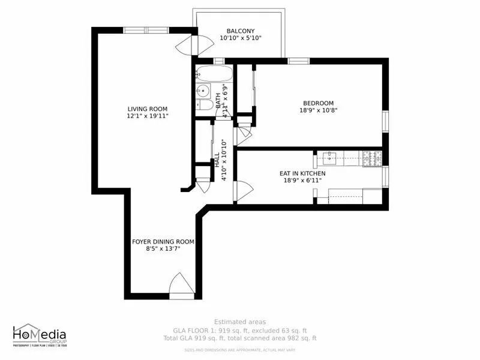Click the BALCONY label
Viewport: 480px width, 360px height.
coord(241,31)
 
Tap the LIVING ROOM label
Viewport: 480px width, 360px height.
coord(147,109)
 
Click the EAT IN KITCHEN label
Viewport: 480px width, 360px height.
coord(303,173)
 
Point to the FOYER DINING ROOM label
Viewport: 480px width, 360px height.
coord(163,242)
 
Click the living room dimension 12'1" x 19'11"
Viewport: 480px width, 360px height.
coord(147,116)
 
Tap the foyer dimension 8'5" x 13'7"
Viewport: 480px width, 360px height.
coord(163,249)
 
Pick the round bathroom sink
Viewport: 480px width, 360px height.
coord(200,91)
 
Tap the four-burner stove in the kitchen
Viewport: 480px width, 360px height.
coord(371,158)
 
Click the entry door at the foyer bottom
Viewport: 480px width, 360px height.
coord(182,286)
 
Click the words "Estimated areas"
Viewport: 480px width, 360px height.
coord(240,322)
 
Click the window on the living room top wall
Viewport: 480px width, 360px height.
coord(145,30)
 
